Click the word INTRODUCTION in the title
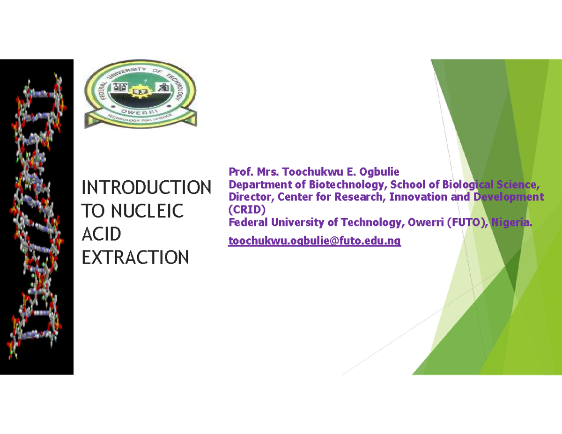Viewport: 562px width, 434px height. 146,188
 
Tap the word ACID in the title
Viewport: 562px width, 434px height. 101,234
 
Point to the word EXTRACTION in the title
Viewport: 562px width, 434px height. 135,257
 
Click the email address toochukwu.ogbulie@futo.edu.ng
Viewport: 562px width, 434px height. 314,241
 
